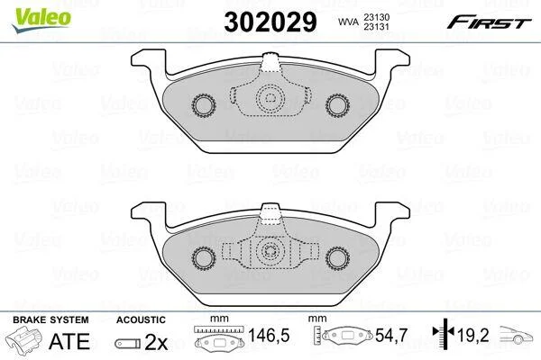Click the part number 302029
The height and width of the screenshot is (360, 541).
tap(270, 22)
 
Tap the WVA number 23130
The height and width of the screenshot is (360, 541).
tap(376, 17)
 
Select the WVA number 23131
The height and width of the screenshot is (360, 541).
tap(376, 26)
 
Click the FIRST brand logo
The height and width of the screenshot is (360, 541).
tap(490, 22)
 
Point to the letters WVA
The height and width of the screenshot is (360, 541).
tap(348, 22)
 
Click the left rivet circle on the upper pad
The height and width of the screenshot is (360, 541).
tap(204, 105)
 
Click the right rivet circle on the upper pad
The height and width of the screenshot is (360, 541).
tap(337, 105)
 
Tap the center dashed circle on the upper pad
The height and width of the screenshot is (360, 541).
tap(270, 98)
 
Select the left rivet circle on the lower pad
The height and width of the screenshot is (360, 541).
tap(204, 257)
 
